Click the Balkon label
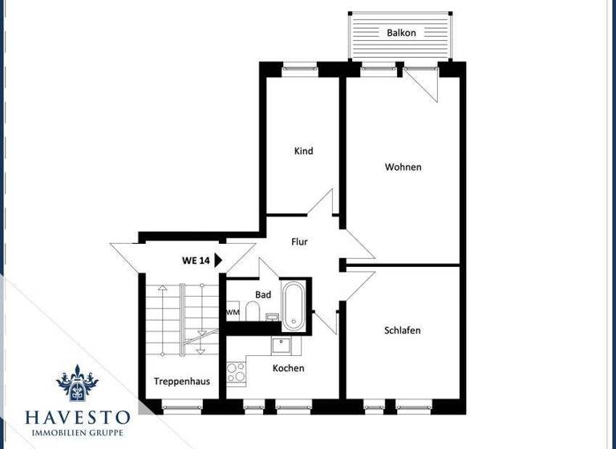[401, 33]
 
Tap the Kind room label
[303, 151]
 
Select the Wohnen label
[403, 167]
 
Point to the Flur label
[299, 241]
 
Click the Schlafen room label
[402, 330]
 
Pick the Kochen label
[288, 368]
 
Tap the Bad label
[263, 294]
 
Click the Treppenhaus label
[182, 381]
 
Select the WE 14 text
[196, 261]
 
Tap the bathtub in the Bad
[294, 305]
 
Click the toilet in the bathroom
[252, 311]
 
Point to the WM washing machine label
[233, 312]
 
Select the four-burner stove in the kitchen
[236, 373]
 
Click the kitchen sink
[282, 346]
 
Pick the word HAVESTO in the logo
[78, 418]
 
